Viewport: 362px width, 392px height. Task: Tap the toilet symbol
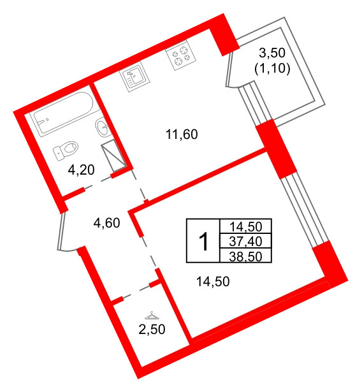[x=65, y=150]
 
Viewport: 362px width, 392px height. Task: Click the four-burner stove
[x=181, y=55]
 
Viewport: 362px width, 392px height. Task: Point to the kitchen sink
[x=134, y=76]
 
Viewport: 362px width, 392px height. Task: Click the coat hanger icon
[x=152, y=316]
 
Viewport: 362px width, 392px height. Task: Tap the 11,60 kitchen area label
[x=182, y=134]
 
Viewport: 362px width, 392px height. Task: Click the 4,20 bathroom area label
[x=81, y=170]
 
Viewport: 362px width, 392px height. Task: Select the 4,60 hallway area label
[x=106, y=222]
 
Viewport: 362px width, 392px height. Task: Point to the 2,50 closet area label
[x=152, y=330]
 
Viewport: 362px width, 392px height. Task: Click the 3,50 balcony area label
[x=272, y=53]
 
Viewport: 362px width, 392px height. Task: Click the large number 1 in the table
[x=204, y=241]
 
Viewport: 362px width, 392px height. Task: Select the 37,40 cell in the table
[x=246, y=241]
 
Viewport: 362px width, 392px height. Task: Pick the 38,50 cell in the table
[x=246, y=256]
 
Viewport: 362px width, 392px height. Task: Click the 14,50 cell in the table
[x=246, y=227]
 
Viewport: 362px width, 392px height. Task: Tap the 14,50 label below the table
[x=213, y=282]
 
